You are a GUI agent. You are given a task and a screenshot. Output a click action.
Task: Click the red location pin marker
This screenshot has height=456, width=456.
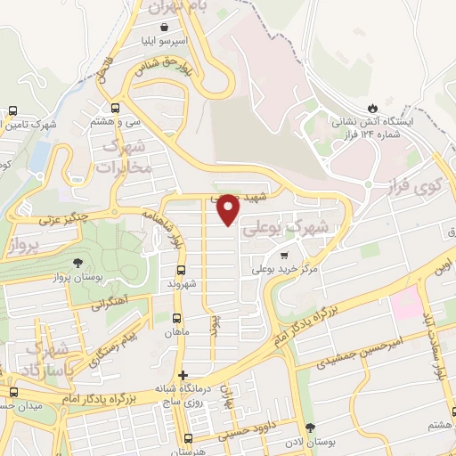[x=229, y=209]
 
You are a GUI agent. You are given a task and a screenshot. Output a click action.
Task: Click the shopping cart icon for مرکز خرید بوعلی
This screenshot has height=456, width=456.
[x=284, y=255]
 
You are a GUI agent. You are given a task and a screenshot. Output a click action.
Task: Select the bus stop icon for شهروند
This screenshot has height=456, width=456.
[x=181, y=271]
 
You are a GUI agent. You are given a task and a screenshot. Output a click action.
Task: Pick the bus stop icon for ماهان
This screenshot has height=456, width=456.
[x=175, y=318]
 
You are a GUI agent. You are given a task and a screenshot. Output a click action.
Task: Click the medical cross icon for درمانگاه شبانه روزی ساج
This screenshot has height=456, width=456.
[x=183, y=375]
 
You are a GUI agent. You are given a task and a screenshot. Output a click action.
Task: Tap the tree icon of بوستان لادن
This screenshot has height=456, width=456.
[x=310, y=428]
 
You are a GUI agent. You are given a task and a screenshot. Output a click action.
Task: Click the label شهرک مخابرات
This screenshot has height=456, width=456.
[x=123, y=157]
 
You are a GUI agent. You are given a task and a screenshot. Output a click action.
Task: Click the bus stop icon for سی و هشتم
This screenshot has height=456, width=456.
[x=118, y=110]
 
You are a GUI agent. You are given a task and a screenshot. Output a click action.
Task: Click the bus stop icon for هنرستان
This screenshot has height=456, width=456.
[x=187, y=437]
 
